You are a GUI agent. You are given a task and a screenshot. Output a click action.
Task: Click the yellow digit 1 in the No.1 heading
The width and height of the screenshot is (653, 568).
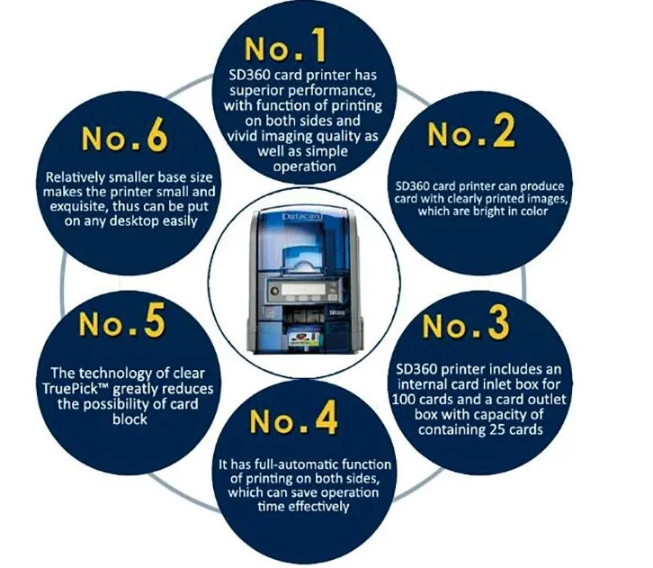(x=318, y=45)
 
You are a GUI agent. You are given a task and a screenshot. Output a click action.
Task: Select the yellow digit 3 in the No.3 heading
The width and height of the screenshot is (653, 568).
(x=498, y=321)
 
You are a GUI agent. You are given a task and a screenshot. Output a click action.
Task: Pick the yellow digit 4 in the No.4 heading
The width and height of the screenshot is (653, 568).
(x=326, y=417)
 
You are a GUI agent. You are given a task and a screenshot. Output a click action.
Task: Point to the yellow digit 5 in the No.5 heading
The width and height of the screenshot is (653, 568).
(x=155, y=320)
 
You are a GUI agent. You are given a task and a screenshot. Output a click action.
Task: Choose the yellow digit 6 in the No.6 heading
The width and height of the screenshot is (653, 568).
(x=157, y=134)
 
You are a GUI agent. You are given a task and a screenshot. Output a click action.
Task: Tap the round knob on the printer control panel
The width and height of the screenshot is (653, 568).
(x=274, y=290)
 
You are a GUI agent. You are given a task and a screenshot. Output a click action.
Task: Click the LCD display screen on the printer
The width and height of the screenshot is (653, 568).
(x=301, y=289)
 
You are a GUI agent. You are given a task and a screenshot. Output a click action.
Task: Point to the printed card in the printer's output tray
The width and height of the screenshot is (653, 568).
(x=304, y=338)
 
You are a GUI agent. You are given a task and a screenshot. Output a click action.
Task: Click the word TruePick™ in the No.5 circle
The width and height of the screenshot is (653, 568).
(x=76, y=389)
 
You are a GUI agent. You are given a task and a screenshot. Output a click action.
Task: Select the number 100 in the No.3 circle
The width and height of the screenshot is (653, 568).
(x=404, y=400)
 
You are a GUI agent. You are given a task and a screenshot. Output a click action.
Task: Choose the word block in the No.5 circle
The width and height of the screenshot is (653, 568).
(x=130, y=419)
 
